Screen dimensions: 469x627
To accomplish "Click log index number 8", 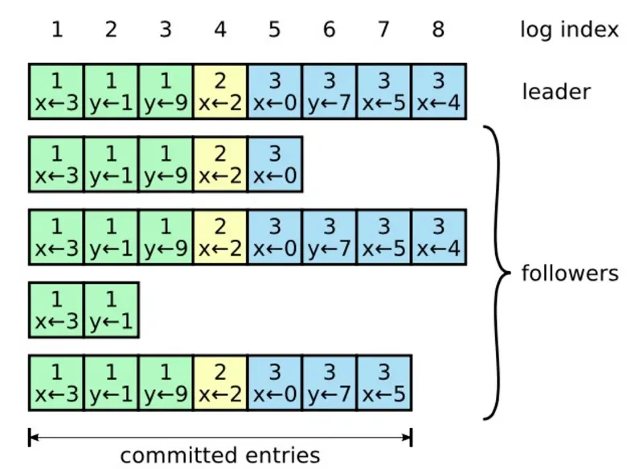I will pyautogui.click(x=438, y=30).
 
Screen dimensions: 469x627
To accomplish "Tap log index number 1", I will pyautogui.click(x=56, y=30).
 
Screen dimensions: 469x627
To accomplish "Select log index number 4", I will pyautogui.click(x=220, y=30).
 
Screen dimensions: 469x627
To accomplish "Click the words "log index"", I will pyautogui.click(x=569, y=30).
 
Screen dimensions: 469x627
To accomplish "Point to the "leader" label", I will pyautogui.click(x=556, y=92).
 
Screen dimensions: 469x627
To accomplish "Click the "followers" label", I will pyautogui.click(x=570, y=274).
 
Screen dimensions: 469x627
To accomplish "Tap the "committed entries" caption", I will pyautogui.click(x=219, y=455).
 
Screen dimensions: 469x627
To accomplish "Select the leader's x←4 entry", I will pyautogui.click(x=439, y=92).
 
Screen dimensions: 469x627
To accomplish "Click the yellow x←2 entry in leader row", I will pyautogui.click(x=220, y=92).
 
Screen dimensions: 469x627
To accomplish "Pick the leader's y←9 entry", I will pyautogui.click(x=166, y=92).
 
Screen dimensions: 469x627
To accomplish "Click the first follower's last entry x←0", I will pyautogui.click(x=275, y=165).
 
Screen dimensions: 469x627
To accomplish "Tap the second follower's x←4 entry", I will pyautogui.click(x=439, y=237).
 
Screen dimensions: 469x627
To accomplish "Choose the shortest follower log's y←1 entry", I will pyautogui.click(x=111, y=310).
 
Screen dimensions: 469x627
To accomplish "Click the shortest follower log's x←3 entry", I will pyautogui.click(x=56, y=310).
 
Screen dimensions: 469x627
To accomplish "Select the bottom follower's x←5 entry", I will pyautogui.click(x=384, y=382).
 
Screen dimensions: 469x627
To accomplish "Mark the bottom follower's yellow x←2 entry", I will pyautogui.click(x=220, y=382).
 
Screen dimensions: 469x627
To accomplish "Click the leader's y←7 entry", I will pyautogui.click(x=330, y=92).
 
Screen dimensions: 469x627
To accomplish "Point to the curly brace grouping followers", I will pyautogui.click(x=498, y=274).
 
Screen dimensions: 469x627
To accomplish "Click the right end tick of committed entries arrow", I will pyautogui.click(x=412, y=438).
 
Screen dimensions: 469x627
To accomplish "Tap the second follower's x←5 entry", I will pyautogui.click(x=384, y=237).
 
